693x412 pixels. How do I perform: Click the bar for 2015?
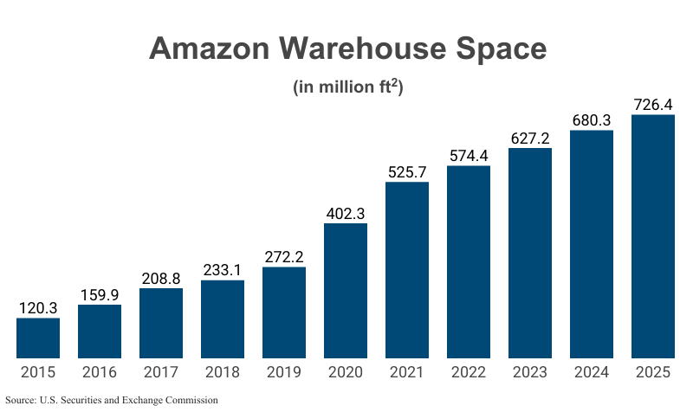click(x=38, y=338)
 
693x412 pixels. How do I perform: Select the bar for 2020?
click(x=346, y=291)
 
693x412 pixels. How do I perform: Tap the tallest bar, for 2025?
click(x=653, y=236)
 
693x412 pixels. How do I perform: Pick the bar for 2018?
click(x=223, y=319)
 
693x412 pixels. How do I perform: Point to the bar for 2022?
click(x=469, y=261)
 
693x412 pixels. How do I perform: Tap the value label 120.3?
click(x=38, y=307)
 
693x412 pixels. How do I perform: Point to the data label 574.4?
click(x=469, y=156)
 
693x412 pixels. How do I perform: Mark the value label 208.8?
click(x=161, y=278)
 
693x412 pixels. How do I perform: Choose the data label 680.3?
click(x=592, y=120)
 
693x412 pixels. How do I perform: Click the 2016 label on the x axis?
click(x=100, y=373)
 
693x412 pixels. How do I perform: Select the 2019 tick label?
click(x=284, y=373)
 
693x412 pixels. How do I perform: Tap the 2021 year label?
click(x=407, y=373)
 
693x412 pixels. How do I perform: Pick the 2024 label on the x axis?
click(x=592, y=373)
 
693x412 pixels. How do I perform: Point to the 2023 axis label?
click(x=530, y=373)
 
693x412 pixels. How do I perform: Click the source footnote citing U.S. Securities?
click(x=112, y=400)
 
